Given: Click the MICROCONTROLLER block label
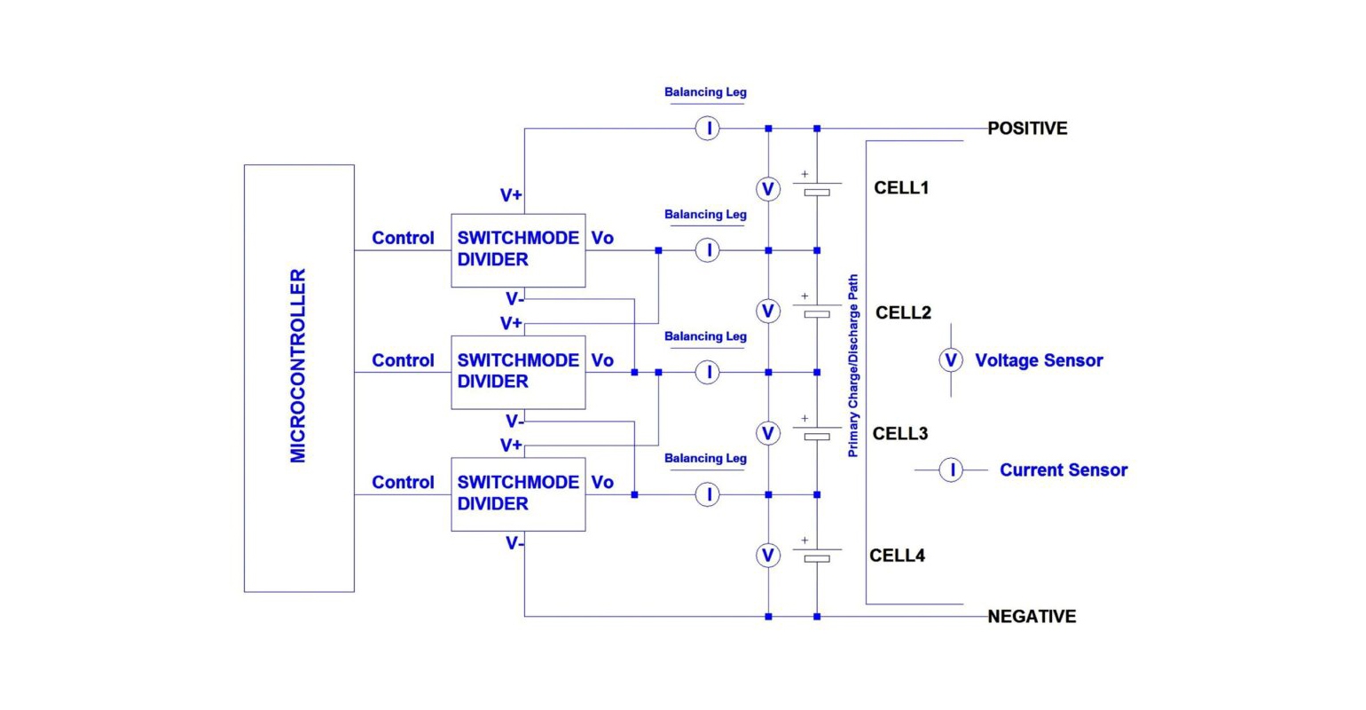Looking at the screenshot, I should [x=298, y=366].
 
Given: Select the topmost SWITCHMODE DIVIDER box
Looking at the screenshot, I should [x=518, y=249].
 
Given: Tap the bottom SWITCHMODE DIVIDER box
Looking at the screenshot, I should [x=518, y=493].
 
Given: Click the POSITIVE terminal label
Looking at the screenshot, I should [x=1027, y=129].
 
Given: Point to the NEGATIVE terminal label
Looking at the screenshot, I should [x=1032, y=616].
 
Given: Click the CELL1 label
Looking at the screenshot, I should [x=901, y=188].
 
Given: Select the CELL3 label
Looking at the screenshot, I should [x=900, y=433].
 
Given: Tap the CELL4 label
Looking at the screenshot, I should [x=897, y=556].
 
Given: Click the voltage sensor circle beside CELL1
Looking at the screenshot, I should [x=768, y=189].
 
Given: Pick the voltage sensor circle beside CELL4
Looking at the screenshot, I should [x=768, y=556].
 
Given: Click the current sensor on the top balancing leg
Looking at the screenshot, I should [x=707, y=129].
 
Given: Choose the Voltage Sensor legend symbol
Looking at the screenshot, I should [x=951, y=360].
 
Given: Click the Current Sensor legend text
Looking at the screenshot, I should [x=1064, y=470].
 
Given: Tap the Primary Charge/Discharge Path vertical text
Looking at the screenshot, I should [x=853, y=366].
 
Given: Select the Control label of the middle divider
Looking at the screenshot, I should [x=403, y=360].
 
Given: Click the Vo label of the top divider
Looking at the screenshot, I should [x=602, y=238].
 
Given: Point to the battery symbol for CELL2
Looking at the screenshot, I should [x=817, y=311].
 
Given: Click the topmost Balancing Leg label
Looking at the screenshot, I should [x=705, y=92].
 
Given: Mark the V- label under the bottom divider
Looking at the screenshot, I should [x=514, y=543].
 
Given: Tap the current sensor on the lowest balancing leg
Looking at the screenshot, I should [x=707, y=494].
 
